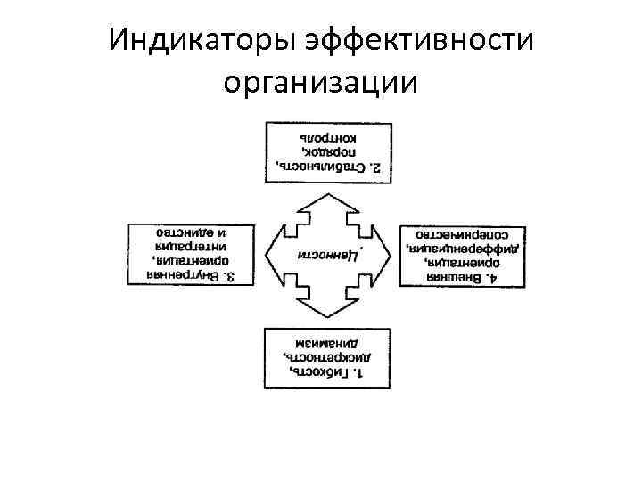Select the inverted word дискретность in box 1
click(x=317, y=356)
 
